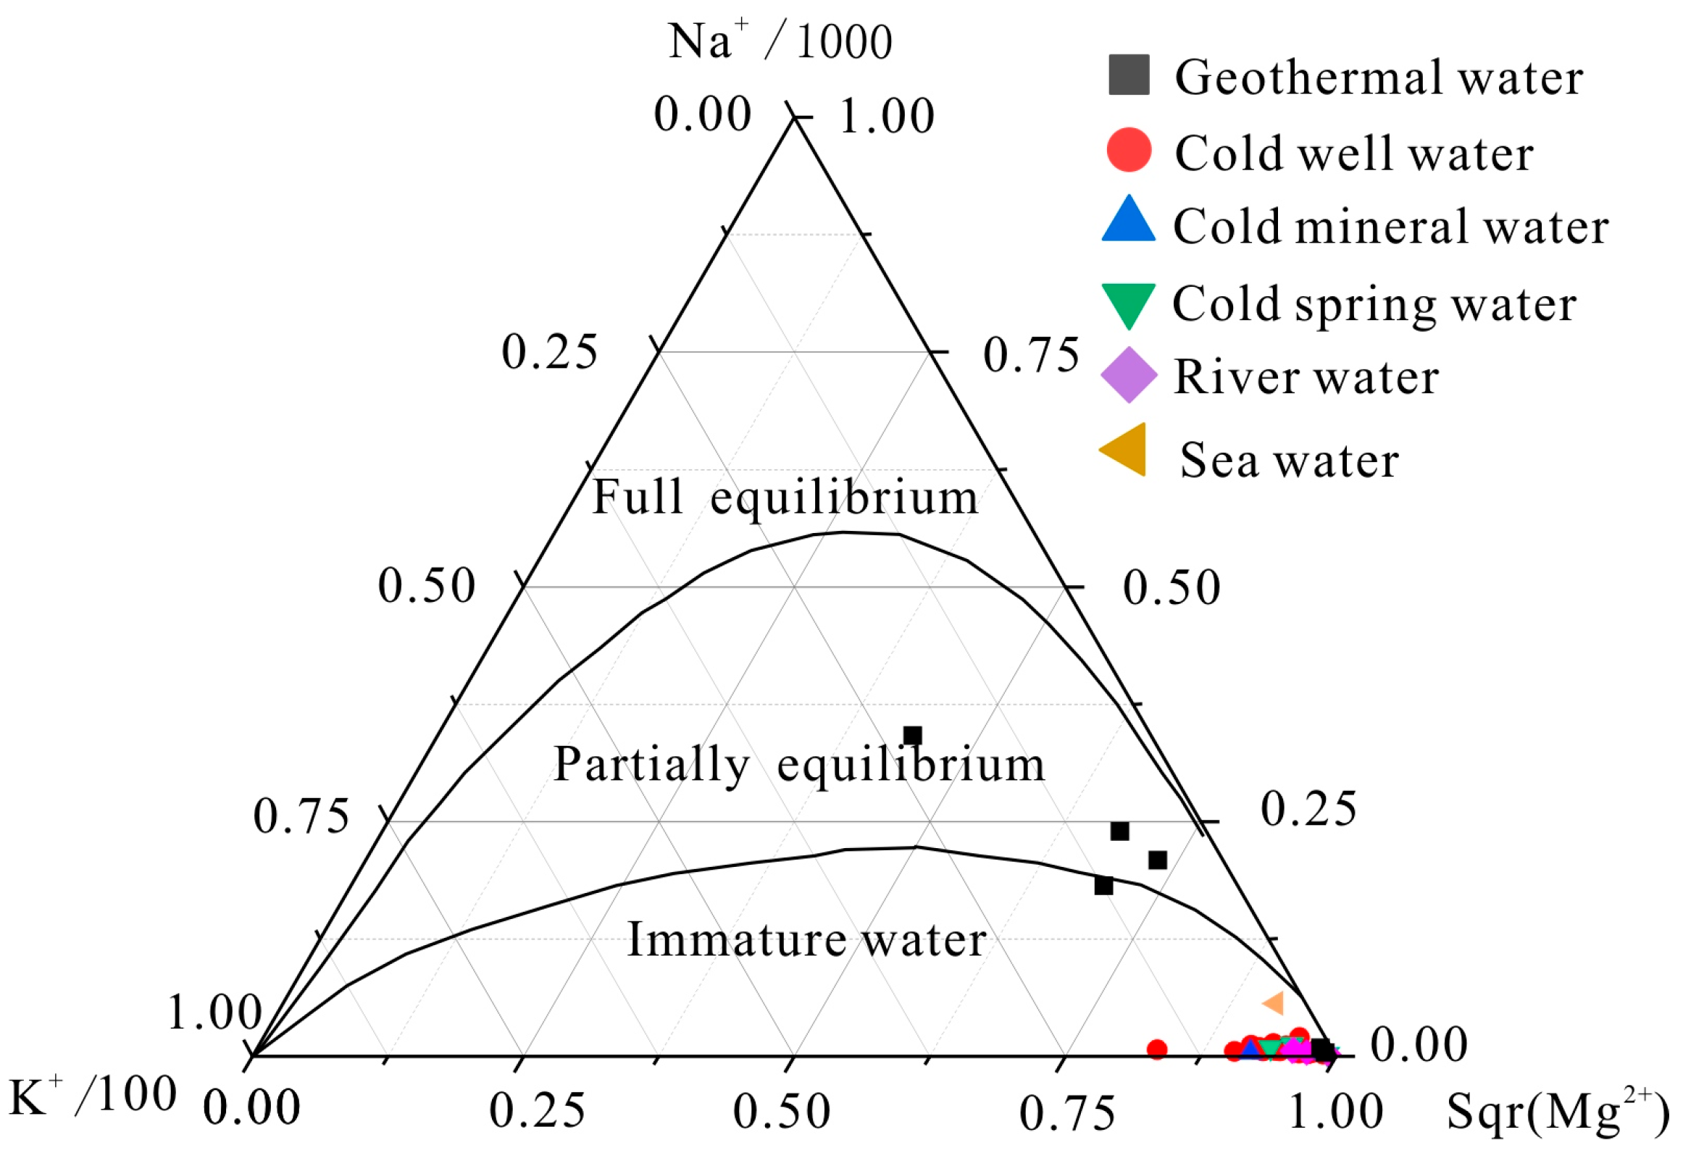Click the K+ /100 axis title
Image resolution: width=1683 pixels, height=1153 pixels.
click(x=93, y=1096)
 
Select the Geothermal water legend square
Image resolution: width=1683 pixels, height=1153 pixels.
click(x=1129, y=75)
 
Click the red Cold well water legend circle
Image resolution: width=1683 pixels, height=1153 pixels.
click(x=1129, y=150)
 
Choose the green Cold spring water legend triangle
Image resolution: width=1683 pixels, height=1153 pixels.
click(x=1128, y=303)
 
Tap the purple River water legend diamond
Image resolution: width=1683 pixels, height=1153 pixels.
click(x=1129, y=375)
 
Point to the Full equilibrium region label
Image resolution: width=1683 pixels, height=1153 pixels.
click(x=785, y=498)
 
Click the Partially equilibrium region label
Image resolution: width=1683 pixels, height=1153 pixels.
click(x=799, y=765)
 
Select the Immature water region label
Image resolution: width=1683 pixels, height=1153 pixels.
click(x=806, y=941)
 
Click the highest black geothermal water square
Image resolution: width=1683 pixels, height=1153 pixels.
click(x=913, y=736)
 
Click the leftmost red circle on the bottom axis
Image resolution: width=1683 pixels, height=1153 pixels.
click(x=1157, y=1049)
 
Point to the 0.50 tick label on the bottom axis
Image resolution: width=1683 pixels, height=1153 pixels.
click(x=782, y=1112)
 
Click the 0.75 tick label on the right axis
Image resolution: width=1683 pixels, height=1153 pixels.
click(x=1031, y=356)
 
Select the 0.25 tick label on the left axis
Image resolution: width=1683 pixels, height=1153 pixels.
click(x=550, y=353)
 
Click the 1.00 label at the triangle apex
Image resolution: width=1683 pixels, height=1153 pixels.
click(x=887, y=116)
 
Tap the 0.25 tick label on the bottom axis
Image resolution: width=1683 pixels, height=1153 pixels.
click(x=537, y=1111)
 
